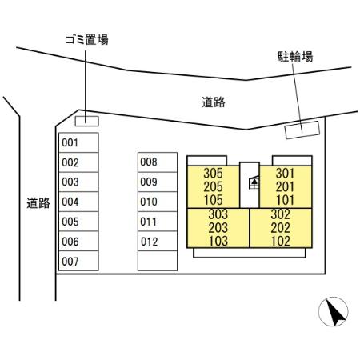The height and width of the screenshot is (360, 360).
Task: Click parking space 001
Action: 78,142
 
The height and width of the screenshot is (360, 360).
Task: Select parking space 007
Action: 78,261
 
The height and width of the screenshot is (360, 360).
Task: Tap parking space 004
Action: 78,202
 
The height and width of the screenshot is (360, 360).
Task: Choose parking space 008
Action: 158,162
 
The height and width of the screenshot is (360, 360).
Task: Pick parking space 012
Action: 158,242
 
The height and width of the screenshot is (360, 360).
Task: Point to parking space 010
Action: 158,202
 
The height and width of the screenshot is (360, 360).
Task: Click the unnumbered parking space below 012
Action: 158,261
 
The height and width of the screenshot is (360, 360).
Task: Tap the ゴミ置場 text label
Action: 87,40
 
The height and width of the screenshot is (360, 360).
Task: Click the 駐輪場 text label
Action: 295,57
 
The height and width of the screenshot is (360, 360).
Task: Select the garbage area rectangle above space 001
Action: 87,121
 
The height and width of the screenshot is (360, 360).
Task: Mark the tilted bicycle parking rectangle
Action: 302,130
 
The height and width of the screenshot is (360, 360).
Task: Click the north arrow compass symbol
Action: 334,311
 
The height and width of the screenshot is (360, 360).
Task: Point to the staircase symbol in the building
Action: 254,182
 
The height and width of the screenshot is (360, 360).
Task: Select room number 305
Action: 213,174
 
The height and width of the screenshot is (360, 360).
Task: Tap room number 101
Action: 285,200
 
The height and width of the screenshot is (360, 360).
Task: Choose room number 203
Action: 218,228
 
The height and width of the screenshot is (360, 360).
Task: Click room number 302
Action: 281,214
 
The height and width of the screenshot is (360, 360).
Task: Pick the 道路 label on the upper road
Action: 214,102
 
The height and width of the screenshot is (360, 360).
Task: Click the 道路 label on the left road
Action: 38,203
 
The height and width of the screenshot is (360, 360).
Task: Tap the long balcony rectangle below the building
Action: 250,253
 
